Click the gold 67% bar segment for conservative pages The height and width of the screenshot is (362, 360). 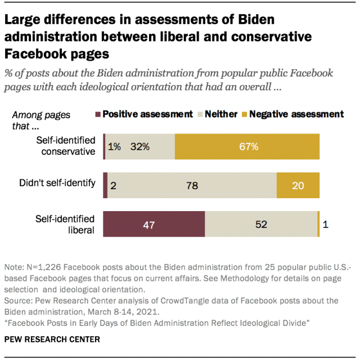(247, 148)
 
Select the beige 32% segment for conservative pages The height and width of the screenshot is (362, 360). (152, 148)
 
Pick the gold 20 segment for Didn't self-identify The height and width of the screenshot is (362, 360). (298, 185)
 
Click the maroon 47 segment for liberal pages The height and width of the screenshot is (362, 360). (154, 224)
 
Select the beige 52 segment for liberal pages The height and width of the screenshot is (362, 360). (261, 224)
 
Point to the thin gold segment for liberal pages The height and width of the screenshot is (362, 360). (318, 224)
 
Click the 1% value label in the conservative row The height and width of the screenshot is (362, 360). (114, 148)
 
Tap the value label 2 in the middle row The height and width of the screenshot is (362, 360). (113, 185)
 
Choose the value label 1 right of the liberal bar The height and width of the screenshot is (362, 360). (326, 224)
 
